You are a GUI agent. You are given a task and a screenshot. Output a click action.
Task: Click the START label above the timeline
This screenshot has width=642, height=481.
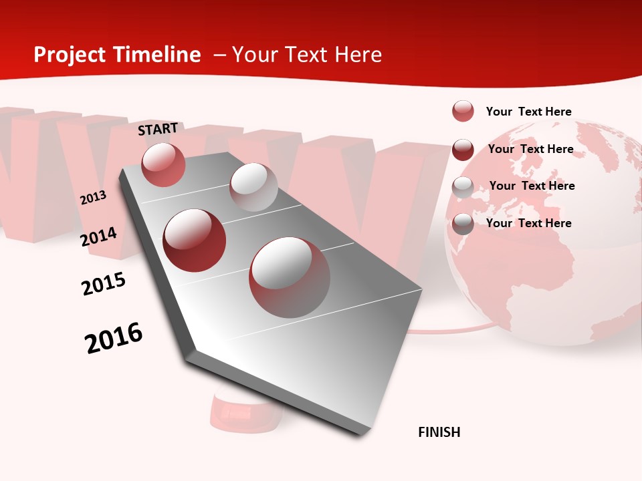click(158, 129)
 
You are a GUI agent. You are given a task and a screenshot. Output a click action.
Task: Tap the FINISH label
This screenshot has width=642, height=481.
click(439, 432)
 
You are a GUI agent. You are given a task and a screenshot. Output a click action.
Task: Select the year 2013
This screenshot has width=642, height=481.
click(93, 198)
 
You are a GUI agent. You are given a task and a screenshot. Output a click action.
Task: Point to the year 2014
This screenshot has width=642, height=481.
click(98, 237)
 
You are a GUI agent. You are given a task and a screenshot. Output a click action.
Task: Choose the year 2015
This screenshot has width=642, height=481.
click(104, 284)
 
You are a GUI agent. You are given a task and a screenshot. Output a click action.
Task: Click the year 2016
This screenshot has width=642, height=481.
click(114, 338)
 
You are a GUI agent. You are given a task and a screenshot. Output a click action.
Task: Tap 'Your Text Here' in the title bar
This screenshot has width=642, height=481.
click(307, 55)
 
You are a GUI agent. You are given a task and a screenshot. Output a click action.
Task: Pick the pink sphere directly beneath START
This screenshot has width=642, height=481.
click(163, 164)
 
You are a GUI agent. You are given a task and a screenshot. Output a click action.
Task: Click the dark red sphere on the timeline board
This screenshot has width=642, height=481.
click(195, 240)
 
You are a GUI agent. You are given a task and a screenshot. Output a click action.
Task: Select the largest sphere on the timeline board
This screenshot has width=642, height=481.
click(290, 277)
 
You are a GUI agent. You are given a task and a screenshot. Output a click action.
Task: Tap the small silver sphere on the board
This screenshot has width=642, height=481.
click(253, 187)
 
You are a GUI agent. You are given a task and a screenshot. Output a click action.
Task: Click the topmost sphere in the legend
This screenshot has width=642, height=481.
click(463, 111)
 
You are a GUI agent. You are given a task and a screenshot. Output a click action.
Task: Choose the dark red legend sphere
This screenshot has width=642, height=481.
click(463, 150)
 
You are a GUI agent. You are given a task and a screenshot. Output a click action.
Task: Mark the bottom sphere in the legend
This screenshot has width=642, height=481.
click(463, 224)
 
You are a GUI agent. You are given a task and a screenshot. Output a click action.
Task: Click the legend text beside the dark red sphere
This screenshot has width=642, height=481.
click(530, 149)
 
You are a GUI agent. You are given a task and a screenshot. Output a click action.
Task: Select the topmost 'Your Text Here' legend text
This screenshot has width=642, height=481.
click(528, 112)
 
